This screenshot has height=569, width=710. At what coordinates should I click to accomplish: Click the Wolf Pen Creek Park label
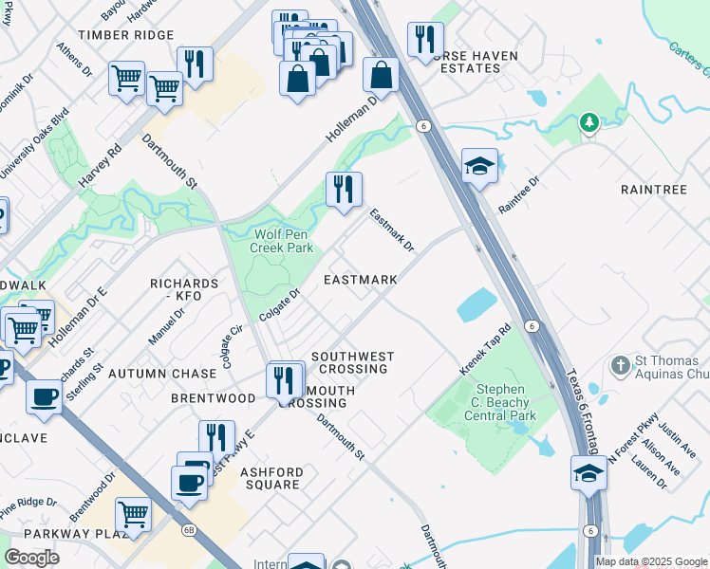tap(281, 241)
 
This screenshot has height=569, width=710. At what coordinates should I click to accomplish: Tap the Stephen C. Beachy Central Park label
tap(501, 402)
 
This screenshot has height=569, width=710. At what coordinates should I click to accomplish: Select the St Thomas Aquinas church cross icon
tap(620, 364)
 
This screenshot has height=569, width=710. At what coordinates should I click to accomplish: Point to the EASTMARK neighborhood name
tap(360, 281)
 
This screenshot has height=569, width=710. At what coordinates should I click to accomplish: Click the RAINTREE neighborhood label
tap(653, 190)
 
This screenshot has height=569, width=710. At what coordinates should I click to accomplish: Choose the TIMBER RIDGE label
tap(126, 35)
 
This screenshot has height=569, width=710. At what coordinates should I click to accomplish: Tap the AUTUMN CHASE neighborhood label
tap(156, 375)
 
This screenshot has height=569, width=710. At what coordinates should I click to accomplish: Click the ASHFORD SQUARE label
tap(271, 478)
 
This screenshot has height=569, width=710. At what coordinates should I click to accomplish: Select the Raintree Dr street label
tap(518, 194)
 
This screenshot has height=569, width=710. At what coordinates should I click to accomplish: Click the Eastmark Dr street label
tap(392, 230)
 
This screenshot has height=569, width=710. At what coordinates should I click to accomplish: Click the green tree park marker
tap(589, 122)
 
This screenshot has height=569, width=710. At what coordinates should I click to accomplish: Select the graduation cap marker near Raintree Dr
tap(480, 166)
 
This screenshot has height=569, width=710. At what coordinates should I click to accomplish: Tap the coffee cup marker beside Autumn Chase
tap(45, 397)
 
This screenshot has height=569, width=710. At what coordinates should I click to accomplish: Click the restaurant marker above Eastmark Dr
tap(343, 189)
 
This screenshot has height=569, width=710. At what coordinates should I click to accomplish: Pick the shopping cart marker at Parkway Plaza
tap(133, 514)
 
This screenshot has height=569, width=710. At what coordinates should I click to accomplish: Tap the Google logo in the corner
tap(31, 558)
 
